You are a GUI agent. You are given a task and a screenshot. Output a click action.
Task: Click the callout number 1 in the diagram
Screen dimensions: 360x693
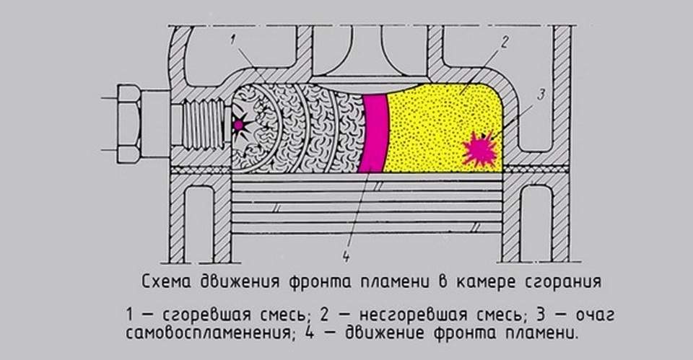(x=233, y=40)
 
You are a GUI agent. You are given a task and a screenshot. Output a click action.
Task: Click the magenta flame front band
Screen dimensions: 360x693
(x=374, y=133)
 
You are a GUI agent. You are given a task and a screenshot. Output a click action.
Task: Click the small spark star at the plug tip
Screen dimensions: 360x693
(x=239, y=126)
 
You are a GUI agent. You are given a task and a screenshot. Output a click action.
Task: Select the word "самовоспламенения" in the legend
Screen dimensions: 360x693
(x=206, y=334)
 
